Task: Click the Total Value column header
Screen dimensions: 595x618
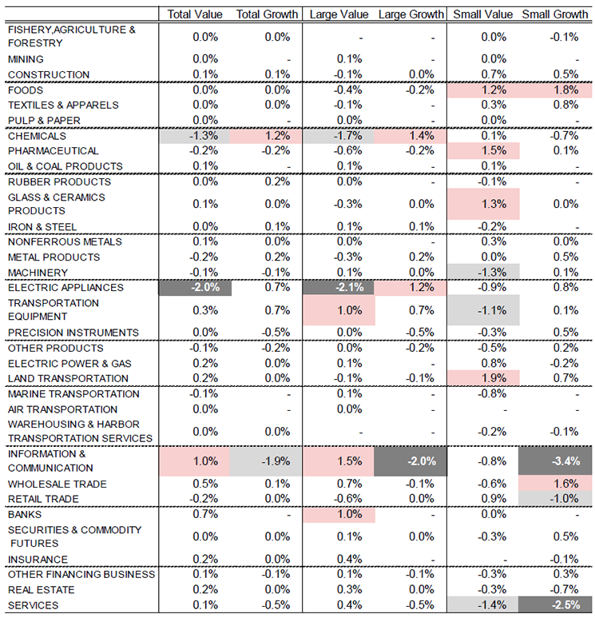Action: click(195, 14)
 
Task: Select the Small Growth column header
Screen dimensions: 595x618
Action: click(555, 14)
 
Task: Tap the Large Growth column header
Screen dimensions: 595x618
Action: click(411, 14)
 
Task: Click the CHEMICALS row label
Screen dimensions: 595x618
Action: click(37, 136)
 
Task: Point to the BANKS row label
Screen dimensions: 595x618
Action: click(25, 514)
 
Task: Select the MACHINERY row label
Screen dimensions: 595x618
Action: click(38, 273)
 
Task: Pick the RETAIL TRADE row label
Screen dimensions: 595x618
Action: click(43, 499)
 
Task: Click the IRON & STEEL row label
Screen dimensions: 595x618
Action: click(42, 227)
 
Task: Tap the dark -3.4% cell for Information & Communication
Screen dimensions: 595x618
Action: click(555, 461)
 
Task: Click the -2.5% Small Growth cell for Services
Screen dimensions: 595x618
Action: click(555, 604)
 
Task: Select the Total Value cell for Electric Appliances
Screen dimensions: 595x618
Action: click(195, 287)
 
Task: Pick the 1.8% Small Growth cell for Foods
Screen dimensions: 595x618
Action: click(555, 90)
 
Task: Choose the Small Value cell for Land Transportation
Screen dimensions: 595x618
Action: click(483, 378)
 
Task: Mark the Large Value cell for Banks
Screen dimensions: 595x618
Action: click(339, 514)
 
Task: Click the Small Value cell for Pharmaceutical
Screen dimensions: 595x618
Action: click(483, 151)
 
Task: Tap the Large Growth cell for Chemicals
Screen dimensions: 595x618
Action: click(411, 136)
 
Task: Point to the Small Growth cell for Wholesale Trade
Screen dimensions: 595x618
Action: click(555, 484)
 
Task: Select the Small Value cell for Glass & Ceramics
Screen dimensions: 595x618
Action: click(483, 204)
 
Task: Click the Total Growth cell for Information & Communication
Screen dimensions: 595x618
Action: click(266, 461)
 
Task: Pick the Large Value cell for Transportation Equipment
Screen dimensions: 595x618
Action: click(339, 310)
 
